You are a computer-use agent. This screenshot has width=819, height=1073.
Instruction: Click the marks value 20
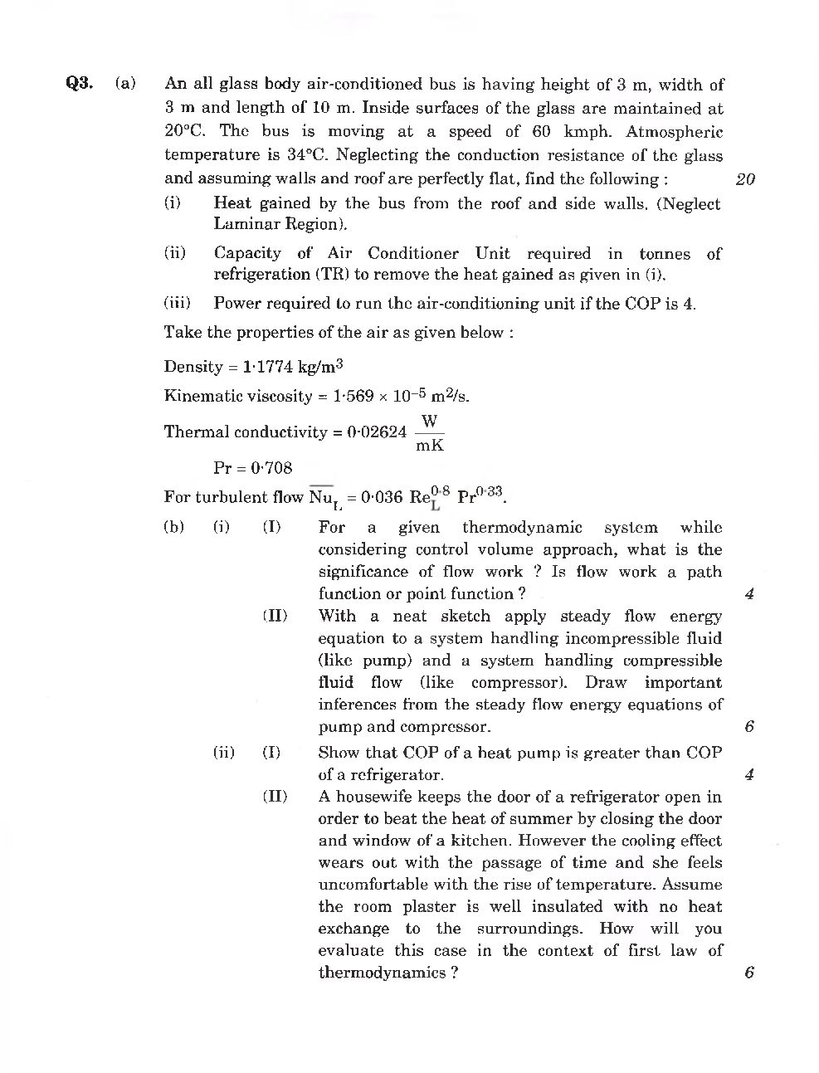745,179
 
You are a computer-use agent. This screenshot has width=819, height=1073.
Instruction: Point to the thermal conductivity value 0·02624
378,432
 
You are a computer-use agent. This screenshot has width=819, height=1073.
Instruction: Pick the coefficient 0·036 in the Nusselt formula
382,498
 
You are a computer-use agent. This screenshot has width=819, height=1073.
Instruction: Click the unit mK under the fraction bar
430,446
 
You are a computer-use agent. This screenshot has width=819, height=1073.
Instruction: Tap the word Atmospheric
674,132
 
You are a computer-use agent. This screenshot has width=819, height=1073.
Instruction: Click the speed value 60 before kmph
542,132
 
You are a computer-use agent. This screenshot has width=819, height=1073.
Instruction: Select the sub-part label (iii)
177,304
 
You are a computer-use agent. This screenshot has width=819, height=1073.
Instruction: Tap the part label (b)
174,527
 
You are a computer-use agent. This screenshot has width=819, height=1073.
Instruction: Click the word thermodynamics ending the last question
383,973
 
